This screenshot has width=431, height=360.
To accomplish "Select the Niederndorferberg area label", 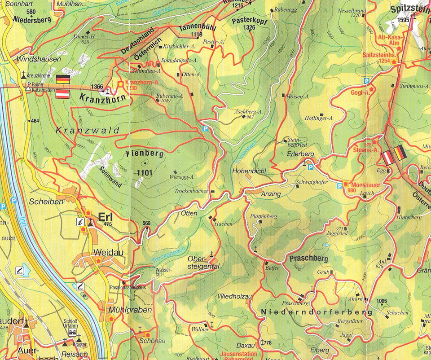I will click(317, 312).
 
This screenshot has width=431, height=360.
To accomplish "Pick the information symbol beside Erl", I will click(81, 221).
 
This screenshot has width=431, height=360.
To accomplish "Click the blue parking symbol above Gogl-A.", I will click(366, 81).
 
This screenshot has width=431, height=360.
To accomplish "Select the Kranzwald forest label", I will click(88, 131).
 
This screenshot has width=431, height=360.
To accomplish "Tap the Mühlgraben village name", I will click(123, 310).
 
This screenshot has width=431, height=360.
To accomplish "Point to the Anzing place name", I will click(270, 194).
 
